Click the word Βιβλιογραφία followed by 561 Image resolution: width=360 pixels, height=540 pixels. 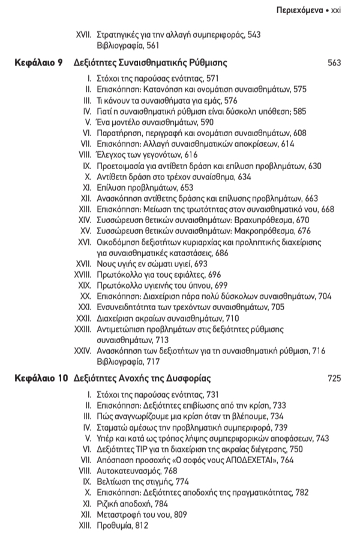(x=118, y=46)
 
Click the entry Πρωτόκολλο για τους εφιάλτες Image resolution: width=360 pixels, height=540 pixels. (x=143, y=274)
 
